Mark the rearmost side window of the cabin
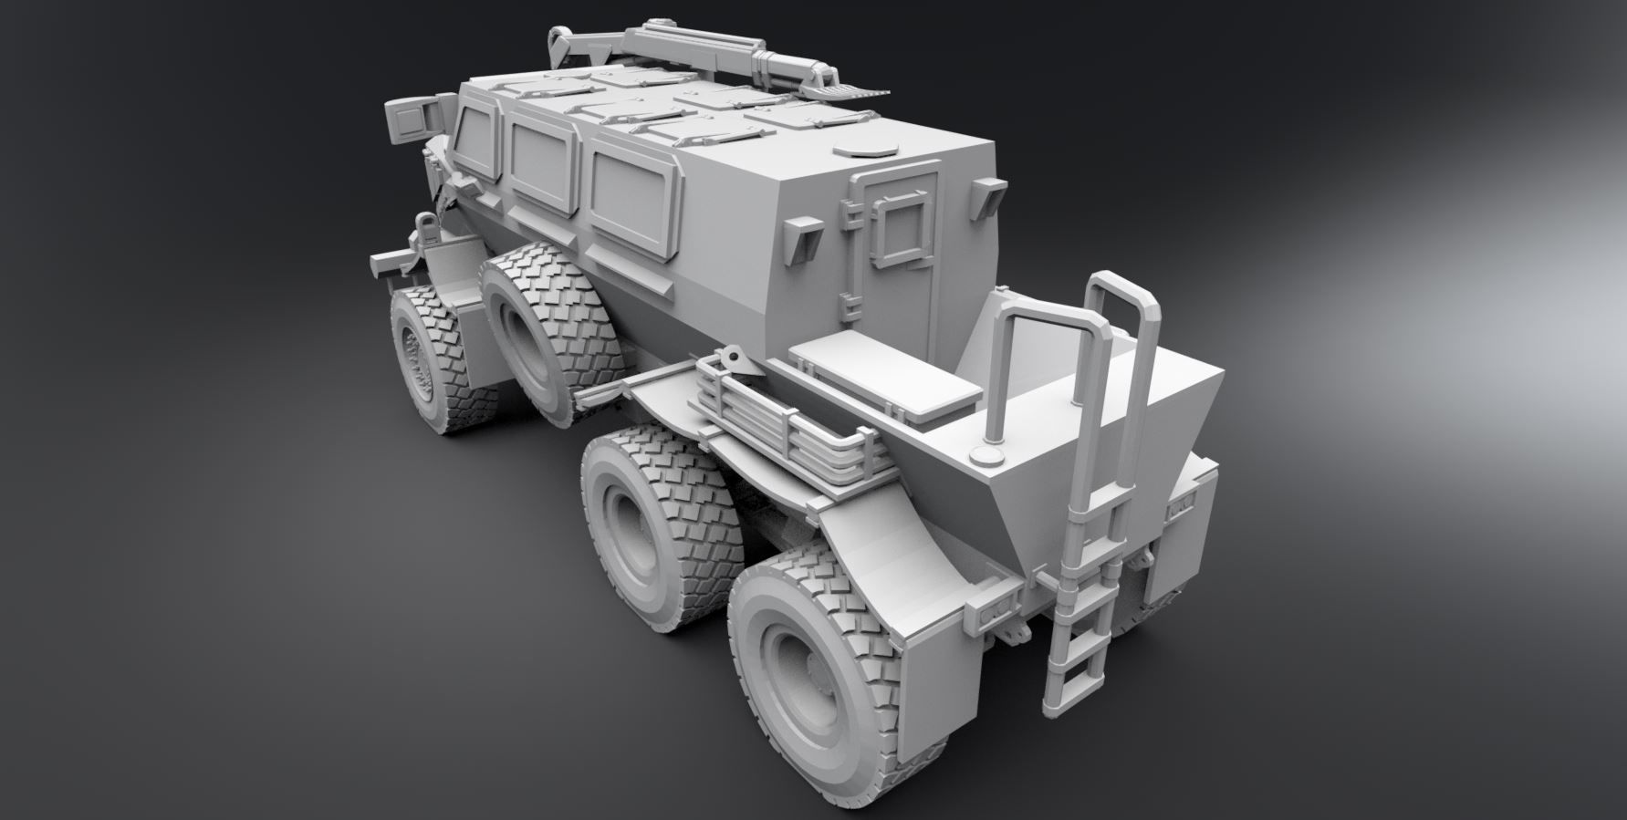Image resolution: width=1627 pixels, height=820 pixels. [x=631, y=195]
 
